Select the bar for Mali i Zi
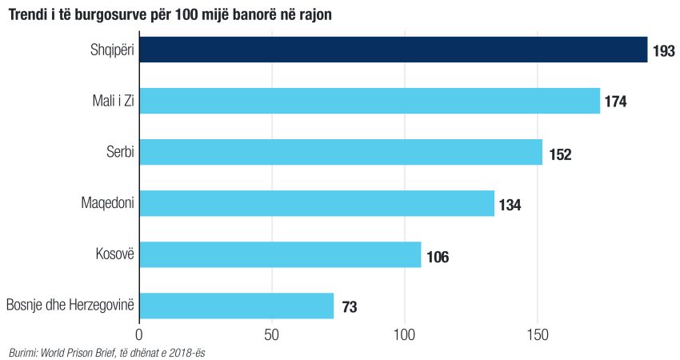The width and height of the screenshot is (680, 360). [370, 101]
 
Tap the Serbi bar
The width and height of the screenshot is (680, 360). [341, 152]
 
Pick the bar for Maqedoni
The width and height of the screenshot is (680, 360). [317, 203]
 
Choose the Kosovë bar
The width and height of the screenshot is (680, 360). [280, 254]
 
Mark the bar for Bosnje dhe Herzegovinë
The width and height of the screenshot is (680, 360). [237, 306]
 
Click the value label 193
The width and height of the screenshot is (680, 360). [664, 51]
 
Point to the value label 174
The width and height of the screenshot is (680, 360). [615, 102]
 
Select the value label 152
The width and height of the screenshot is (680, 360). [560, 154]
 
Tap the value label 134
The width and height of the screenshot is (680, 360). [510, 205]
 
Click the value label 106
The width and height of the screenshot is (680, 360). [438, 257]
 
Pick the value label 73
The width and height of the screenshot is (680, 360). [349, 307]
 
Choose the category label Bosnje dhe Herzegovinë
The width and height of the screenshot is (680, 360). [70, 305]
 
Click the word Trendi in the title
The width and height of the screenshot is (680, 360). [29, 14]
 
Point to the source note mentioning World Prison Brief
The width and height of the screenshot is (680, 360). [107, 351]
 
